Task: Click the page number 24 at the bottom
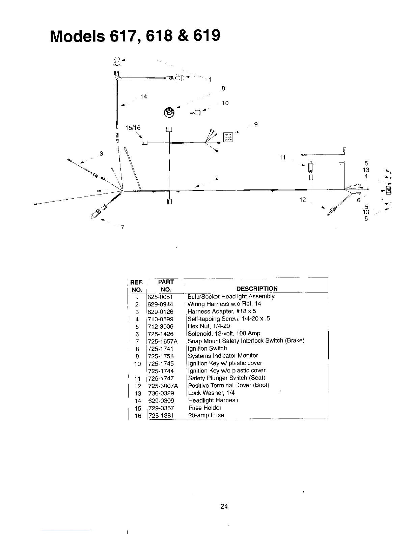pyautogui.click(x=224, y=506)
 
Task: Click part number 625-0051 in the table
pyautogui.click(x=160, y=297)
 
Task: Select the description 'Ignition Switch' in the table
pyautogui.click(x=207, y=348)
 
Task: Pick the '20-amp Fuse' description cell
pyautogui.click(x=206, y=415)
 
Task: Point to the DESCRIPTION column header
pyautogui.click(x=257, y=289)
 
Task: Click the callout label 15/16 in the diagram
pyautogui.click(x=133, y=128)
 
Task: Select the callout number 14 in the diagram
pyautogui.click(x=144, y=97)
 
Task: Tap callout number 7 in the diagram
pyautogui.click(x=123, y=227)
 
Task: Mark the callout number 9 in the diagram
pyautogui.click(x=256, y=124)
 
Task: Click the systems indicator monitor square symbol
pyautogui.click(x=228, y=137)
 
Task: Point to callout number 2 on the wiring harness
pyautogui.click(x=217, y=178)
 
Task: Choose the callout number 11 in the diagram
pyautogui.click(x=282, y=157)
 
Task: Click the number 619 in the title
pyautogui.click(x=207, y=35)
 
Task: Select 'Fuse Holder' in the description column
pyautogui.click(x=205, y=408)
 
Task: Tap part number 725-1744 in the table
pyautogui.click(x=161, y=371)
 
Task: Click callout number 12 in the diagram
pyautogui.click(x=302, y=200)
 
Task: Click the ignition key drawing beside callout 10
pyautogui.click(x=196, y=112)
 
